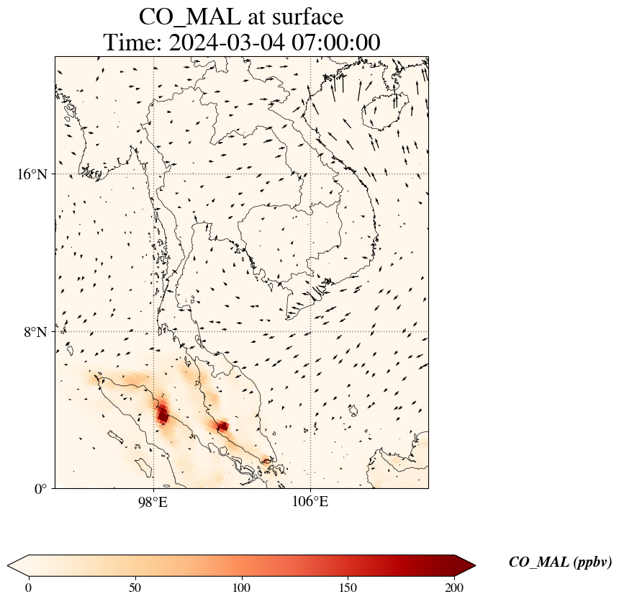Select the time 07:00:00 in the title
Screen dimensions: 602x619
pos(335,42)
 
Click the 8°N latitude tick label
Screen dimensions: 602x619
pos(36,332)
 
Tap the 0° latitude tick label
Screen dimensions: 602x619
pos(41,489)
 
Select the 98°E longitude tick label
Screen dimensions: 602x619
pos(153,501)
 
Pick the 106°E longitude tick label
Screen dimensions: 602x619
pos(310,501)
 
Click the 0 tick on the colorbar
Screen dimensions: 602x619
pos(29,588)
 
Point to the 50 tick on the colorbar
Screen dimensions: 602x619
pos(135,588)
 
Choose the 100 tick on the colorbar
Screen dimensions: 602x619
pos(242,588)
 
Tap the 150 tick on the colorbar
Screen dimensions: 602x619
pos(348,588)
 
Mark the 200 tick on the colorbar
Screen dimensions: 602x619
pos(455,588)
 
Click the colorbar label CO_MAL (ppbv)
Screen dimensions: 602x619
pos(560,562)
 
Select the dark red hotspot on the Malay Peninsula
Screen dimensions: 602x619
pos(222,426)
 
